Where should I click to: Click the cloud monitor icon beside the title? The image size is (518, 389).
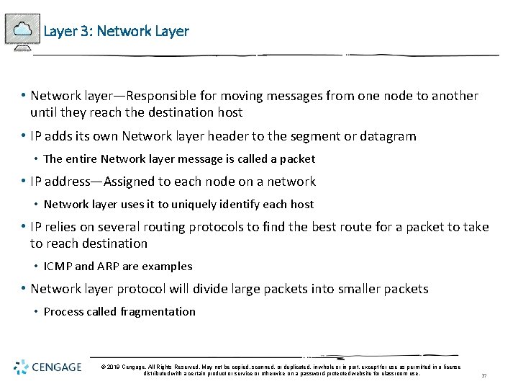[x=22, y=30]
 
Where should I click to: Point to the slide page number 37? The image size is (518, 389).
[x=484, y=375]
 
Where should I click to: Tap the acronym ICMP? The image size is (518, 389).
[x=58, y=266]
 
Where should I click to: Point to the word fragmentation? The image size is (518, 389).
[x=158, y=311]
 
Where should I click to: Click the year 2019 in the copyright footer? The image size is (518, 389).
[x=116, y=367]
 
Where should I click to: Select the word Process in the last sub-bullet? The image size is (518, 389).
[x=63, y=311]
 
